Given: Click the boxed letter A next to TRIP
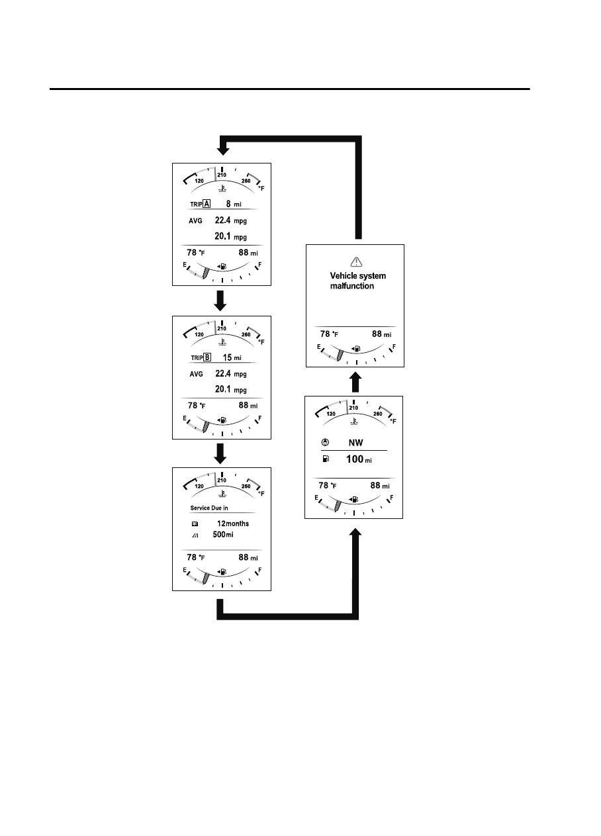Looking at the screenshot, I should coord(207,205).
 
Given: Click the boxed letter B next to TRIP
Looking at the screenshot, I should coord(207,357).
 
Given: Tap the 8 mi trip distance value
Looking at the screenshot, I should coord(232,205).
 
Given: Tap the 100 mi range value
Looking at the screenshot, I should coord(360,458).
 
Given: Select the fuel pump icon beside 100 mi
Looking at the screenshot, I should coord(324,458).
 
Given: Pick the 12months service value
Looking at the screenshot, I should coord(232,524).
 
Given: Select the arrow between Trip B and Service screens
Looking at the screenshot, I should coord(222,453).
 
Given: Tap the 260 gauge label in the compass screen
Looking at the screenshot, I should coord(378,414).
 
